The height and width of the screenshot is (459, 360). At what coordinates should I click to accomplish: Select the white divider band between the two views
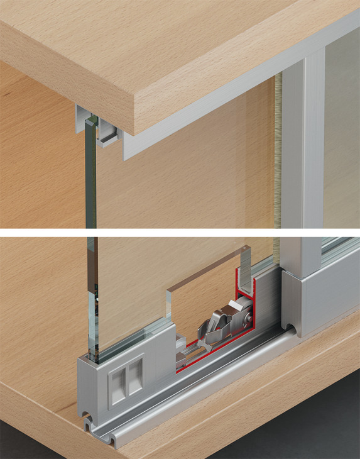(x=180, y=232)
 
